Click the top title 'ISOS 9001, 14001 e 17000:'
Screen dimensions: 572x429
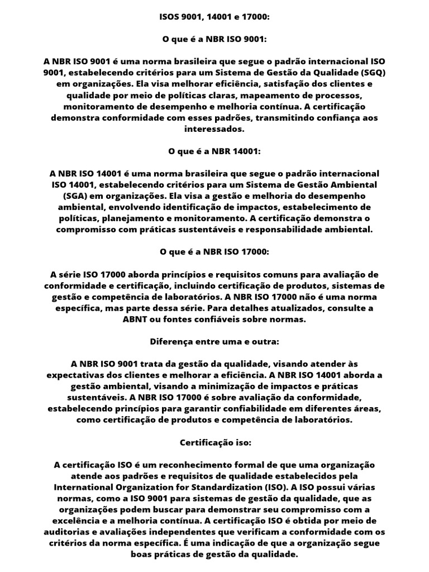(214, 18)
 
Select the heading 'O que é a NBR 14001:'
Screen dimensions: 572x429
(214, 151)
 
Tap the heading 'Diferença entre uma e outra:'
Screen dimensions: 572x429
(214, 341)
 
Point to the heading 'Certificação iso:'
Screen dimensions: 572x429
(214, 442)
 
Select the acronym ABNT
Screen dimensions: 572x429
(135, 319)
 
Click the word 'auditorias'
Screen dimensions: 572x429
(68, 532)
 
